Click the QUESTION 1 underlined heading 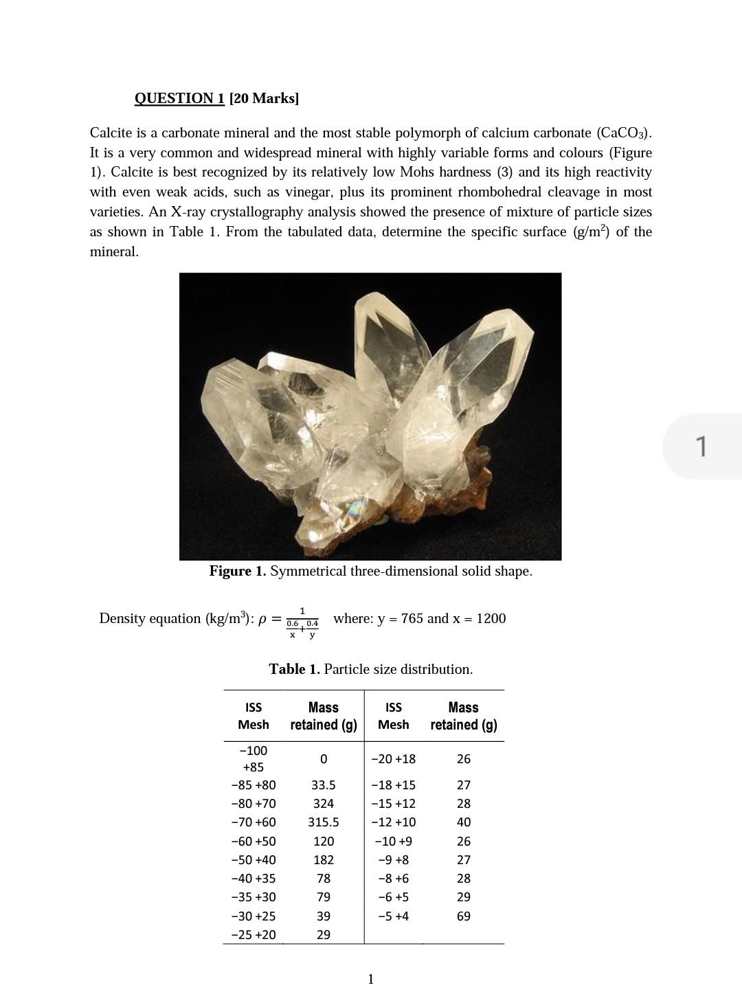tap(179, 98)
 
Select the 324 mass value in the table tap(323, 803)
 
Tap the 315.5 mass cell tap(323, 822)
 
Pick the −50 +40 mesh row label tap(253, 859)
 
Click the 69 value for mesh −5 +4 tap(464, 916)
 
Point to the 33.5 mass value tap(323, 784)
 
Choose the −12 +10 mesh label tap(393, 822)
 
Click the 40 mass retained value tap(464, 822)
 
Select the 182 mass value tap(323, 859)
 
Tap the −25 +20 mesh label tap(253, 934)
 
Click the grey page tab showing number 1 tap(701, 446)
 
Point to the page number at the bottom tap(371, 979)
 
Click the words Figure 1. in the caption tap(238, 572)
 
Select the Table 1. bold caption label tap(294, 669)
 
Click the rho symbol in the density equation tap(261, 620)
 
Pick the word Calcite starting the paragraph tap(112, 133)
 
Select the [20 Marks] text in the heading tap(265, 98)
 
